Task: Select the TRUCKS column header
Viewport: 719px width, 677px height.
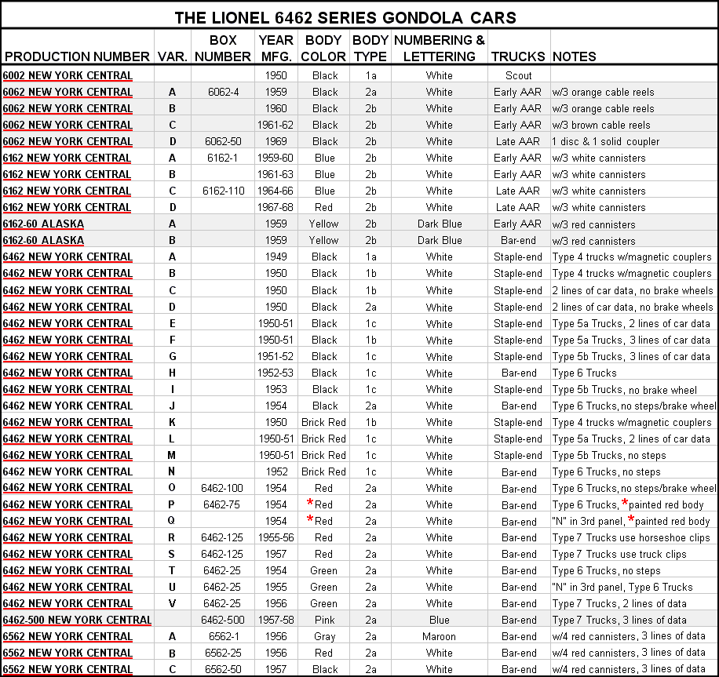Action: (518, 56)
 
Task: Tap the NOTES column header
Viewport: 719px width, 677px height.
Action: (575, 56)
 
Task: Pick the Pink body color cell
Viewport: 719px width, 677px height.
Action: (325, 620)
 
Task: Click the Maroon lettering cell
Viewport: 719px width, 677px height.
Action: (440, 636)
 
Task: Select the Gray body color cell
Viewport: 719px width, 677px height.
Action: (325, 636)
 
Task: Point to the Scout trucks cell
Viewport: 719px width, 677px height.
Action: (518, 75)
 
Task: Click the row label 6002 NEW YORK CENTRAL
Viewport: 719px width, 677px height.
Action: (68, 75)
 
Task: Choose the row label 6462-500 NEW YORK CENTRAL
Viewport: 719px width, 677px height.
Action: (77, 620)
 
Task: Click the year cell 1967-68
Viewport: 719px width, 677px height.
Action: (276, 207)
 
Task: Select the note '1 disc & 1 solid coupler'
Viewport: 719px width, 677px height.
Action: (610, 141)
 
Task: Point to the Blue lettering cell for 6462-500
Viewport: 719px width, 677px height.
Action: (440, 620)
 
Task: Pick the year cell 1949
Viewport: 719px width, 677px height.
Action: (276, 257)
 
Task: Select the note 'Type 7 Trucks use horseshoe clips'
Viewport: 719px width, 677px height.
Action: (631, 537)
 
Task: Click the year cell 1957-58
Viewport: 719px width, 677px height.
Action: (276, 620)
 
